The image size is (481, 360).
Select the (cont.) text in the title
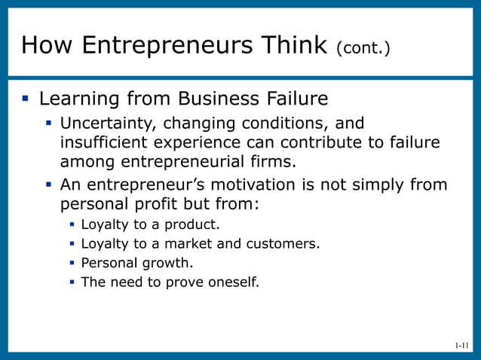[x=364, y=48]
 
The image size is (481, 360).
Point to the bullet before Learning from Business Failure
[x=25, y=98]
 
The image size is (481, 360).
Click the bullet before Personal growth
[x=72, y=264]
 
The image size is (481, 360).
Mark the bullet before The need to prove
[x=72, y=283]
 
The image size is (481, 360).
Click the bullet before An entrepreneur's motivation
[x=50, y=185]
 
